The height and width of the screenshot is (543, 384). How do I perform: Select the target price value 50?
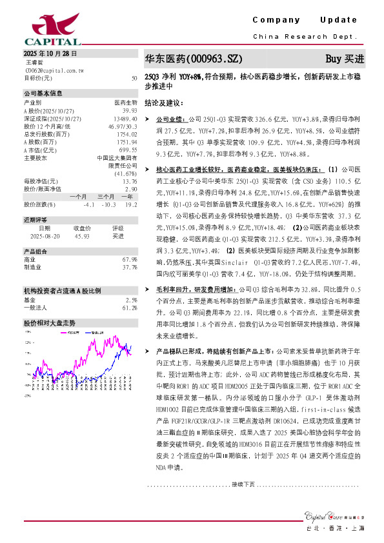tap(134, 77)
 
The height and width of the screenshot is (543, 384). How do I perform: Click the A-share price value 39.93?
tap(130, 111)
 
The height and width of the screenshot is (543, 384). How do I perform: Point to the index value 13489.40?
tap(125, 119)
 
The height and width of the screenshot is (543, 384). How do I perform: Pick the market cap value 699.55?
tap(128, 149)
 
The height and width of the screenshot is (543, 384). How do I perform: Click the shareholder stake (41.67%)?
tap(126, 173)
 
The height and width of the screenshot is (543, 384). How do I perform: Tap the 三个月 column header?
tap(106, 196)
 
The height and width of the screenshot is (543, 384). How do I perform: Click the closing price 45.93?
tap(82, 236)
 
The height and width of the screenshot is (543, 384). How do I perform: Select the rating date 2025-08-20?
tap(44, 236)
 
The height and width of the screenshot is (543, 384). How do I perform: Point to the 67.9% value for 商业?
tap(130, 259)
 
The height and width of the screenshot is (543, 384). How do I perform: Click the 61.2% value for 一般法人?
tap(130, 290)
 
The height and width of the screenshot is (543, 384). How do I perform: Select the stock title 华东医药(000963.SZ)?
tap(193, 59)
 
